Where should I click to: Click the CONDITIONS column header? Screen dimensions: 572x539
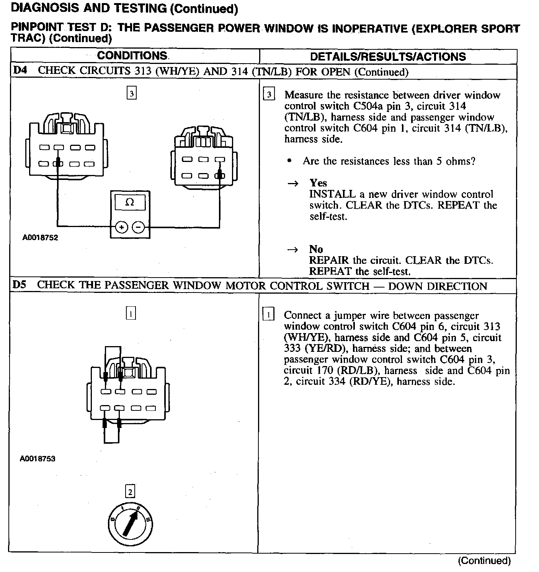pos(132,56)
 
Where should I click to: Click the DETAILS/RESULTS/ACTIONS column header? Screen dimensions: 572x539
pos(388,57)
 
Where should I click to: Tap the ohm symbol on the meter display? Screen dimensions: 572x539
pos(130,203)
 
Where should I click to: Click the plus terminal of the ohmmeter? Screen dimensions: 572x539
pos(122,227)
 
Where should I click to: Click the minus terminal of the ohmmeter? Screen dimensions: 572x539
pos(138,227)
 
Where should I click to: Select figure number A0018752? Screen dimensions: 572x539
pos(40,238)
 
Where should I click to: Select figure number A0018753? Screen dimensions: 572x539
pos(38,458)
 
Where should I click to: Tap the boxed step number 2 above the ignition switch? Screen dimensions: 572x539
pos(130,492)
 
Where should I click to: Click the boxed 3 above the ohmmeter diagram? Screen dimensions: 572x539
pos(131,93)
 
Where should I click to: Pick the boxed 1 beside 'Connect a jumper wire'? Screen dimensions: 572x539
pos(268,315)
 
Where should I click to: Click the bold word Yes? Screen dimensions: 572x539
pos(318,183)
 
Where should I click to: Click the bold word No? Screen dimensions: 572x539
pos(316,249)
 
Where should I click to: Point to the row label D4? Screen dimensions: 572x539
pos(20,70)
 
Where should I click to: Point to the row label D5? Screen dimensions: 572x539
pos(20,285)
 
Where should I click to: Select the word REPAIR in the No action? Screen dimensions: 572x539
pos(329,260)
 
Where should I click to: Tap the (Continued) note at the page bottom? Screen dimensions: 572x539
pos(484,561)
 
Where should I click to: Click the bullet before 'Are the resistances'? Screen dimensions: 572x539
pos(289,161)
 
